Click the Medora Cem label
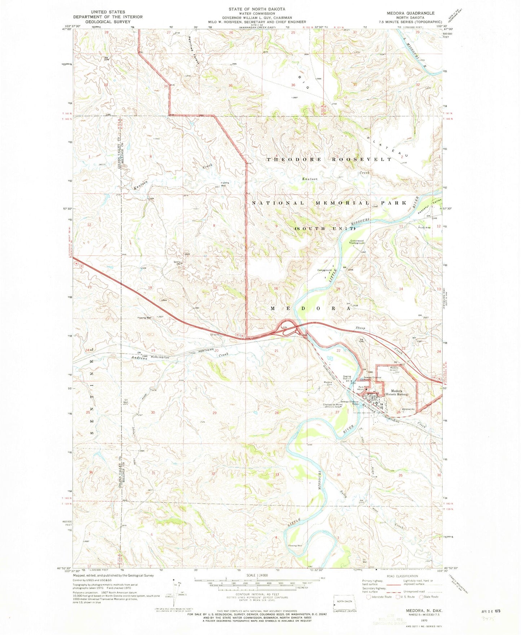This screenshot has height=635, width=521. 328,383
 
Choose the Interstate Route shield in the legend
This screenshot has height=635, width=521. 368,596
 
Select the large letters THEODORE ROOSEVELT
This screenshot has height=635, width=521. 329,159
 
